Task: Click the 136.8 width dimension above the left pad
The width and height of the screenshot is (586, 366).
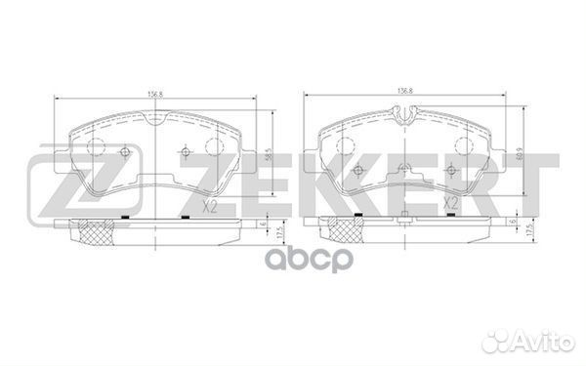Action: [153, 94]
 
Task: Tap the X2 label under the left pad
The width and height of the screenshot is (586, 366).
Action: [207, 207]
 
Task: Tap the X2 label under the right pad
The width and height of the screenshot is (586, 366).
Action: [451, 204]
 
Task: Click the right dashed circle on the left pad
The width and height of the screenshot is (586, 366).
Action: [216, 146]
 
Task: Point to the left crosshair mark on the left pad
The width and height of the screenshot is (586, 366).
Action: [124, 152]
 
